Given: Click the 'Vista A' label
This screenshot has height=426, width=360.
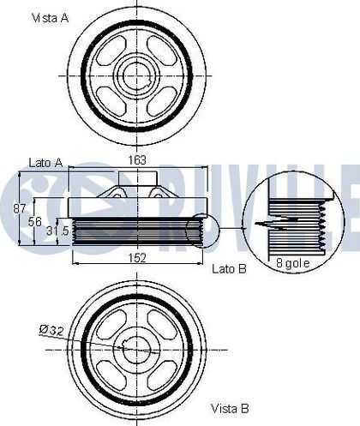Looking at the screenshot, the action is pyautogui.click(x=51, y=18).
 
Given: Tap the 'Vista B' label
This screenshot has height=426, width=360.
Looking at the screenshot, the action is pyautogui.click(x=230, y=408).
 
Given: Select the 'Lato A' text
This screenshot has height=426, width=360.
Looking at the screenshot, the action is pyautogui.click(x=45, y=163).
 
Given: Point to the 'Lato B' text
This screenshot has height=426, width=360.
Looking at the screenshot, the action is pyautogui.click(x=229, y=269).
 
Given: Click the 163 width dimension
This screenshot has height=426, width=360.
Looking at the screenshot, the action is pyautogui.click(x=137, y=160).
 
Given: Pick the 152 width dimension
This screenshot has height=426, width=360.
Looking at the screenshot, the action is pyautogui.click(x=137, y=258).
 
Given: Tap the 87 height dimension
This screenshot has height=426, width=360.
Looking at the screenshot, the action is pyautogui.click(x=20, y=209).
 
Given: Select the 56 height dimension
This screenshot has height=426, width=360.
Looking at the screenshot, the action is pyautogui.click(x=35, y=222).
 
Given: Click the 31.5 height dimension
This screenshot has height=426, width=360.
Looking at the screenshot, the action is pyautogui.click(x=57, y=231).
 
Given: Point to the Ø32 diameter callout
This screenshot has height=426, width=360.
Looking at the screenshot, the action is pyautogui.click(x=51, y=331).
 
